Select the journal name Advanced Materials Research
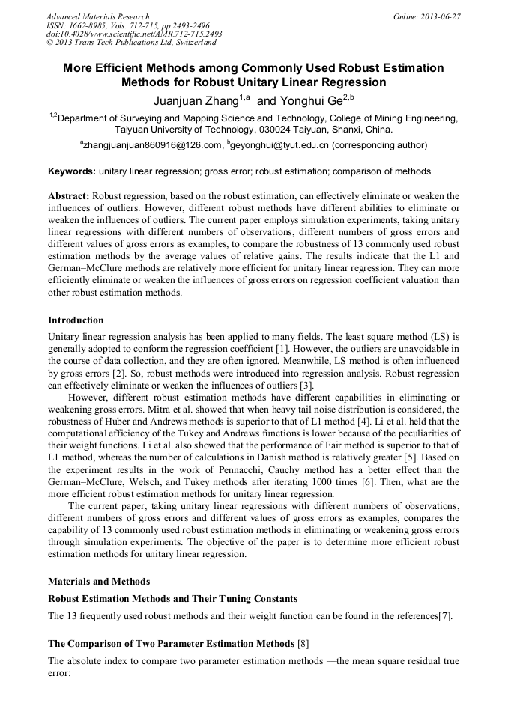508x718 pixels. click(x=97, y=16)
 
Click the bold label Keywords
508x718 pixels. click(x=71, y=171)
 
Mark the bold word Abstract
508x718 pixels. click(x=68, y=195)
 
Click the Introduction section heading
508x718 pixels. click(x=76, y=320)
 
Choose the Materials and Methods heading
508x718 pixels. click(x=99, y=581)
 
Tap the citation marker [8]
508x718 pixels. click(x=303, y=643)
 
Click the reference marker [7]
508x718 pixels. click(x=448, y=616)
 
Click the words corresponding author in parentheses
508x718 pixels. click(x=379, y=145)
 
